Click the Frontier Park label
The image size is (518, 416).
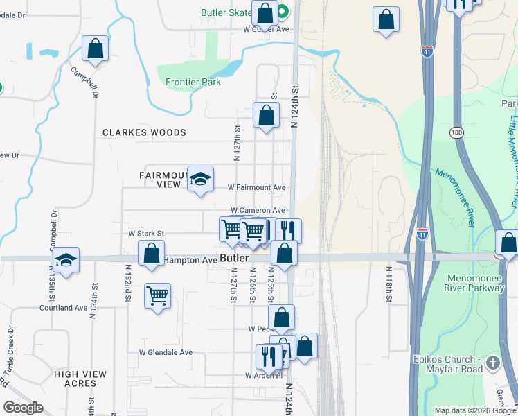193,82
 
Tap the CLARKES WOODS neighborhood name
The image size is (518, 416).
145,132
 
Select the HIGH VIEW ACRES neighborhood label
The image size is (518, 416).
80,379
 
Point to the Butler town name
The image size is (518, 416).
234,258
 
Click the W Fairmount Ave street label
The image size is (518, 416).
257,188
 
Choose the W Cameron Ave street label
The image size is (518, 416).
258,210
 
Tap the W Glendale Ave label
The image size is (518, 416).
166,352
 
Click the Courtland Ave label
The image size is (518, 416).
63,307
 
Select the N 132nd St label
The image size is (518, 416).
128,282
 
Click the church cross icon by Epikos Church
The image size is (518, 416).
492,363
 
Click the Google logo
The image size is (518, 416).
23,408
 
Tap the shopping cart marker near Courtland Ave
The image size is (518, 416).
158,296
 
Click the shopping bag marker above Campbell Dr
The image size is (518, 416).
96,49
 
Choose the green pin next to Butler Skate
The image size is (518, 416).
283,12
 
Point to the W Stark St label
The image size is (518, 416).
145,234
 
